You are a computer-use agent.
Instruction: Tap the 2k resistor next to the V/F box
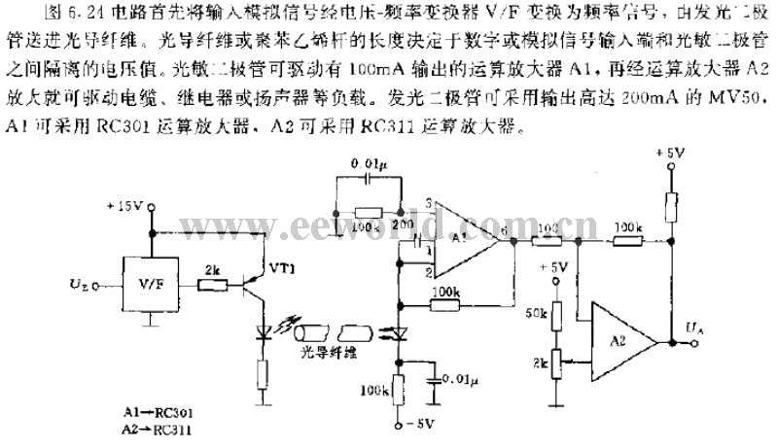pyautogui.click(x=214, y=287)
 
